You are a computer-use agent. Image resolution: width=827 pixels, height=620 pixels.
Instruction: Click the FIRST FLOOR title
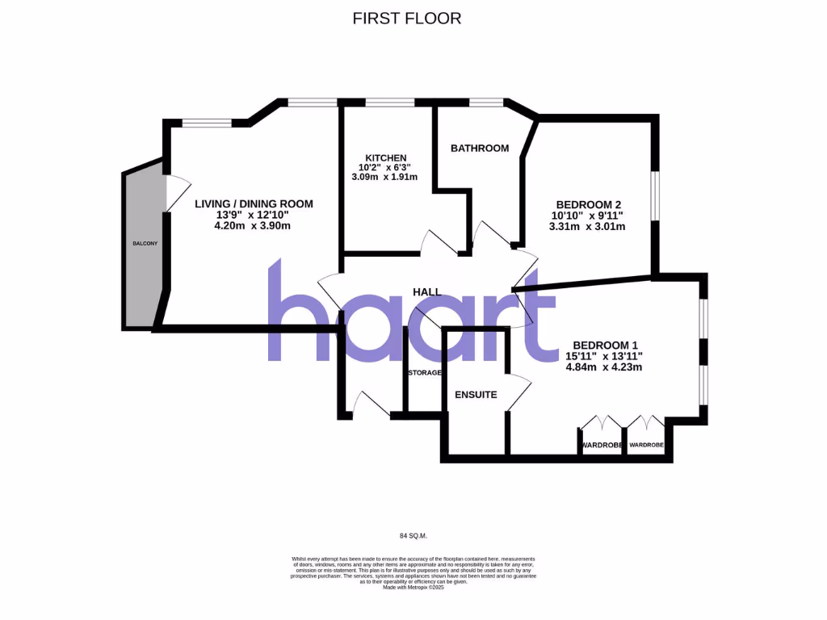point(407,18)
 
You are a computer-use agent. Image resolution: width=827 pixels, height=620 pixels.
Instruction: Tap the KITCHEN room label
point(385,157)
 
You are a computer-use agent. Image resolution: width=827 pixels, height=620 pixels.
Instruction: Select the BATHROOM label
point(480,148)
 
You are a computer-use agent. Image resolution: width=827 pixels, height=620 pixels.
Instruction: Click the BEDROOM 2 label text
point(588,204)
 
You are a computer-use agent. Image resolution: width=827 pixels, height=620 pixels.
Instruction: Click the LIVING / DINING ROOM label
point(254,204)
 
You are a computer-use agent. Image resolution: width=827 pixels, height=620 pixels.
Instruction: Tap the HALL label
point(426,291)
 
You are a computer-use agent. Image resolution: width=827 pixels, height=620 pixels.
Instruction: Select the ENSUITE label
point(476,394)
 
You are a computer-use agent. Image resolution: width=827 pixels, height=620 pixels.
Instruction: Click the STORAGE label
point(424,373)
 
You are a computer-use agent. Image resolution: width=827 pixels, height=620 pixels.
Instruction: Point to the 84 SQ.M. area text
point(413,535)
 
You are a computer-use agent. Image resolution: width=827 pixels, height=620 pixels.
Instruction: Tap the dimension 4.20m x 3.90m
point(252,226)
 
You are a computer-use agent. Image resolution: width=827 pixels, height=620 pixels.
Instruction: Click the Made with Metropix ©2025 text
point(413,587)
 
